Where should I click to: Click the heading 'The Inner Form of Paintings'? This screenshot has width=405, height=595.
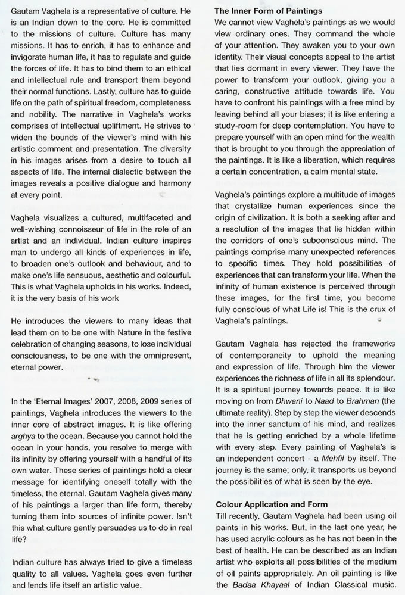tap(269, 11)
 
